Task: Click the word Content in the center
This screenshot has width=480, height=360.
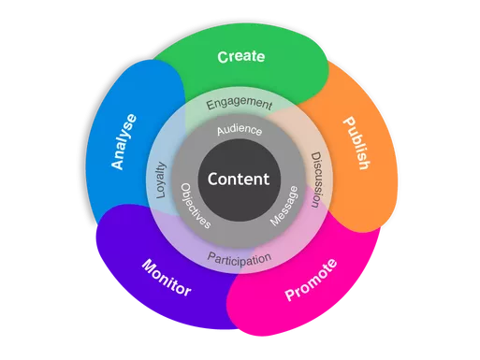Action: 238,179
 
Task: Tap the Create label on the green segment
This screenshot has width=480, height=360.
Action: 240,57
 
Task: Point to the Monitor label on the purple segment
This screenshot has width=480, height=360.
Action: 166,278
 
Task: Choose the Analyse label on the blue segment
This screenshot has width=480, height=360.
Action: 124,141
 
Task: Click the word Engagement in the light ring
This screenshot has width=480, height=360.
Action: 240,103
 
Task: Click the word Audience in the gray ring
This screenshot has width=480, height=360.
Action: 240,131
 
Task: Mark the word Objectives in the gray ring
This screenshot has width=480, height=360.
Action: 195,208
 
